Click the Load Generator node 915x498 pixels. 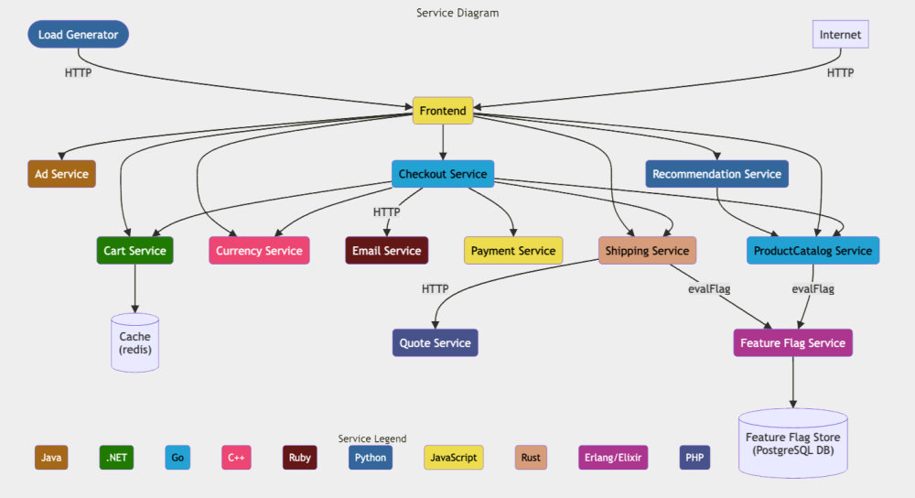pos(78,35)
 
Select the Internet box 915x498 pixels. pos(840,35)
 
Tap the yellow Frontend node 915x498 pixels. pos(443,111)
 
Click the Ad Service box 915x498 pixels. pos(61,174)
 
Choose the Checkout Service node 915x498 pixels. pos(443,174)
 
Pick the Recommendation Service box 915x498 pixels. pos(716,174)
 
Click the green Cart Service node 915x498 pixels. pos(135,251)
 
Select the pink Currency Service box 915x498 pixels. pos(259,251)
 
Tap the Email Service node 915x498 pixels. pos(386,251)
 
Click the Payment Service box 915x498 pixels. pos(513,251)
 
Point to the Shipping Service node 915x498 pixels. pos(647,251)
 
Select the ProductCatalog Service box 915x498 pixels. pos(813,251)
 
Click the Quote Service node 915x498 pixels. pos(436,343)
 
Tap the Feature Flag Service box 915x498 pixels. pos(792,343)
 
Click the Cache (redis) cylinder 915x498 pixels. pos(135,343)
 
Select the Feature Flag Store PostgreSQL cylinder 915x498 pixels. pos(792,443)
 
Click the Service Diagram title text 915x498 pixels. pos(457,13)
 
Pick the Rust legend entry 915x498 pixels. pos(531,458)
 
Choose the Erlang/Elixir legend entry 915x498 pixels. pos(613,458)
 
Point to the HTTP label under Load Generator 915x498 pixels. pos(78,72)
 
